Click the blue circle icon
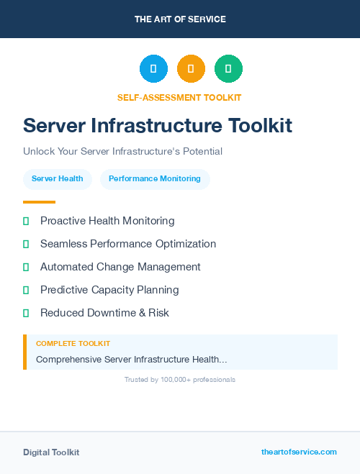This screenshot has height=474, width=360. [x=153, y=68]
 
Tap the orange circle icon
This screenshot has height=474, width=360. [x=191, y=68]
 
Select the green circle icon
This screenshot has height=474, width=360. [x=228, y=68]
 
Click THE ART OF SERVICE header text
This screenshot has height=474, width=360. [x=180, y=19]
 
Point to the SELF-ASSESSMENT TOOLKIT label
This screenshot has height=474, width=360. [x=179, y=97]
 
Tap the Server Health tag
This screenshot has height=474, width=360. [x=58, y=178]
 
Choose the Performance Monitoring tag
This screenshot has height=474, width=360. [x=155, y=178]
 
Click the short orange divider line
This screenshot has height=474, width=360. [x=39, y=202]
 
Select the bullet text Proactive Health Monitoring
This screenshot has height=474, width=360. [x=107, y=221]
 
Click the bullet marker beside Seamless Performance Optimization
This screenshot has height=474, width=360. [x=26, y=244]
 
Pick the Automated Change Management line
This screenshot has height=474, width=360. [x=120, y=267]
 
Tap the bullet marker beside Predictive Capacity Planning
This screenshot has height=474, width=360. [x=26, y=290]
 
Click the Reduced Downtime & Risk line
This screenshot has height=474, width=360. [x=104, y=313]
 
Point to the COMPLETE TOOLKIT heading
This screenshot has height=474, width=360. [x=73, y=344]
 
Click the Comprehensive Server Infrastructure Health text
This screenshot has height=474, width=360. [x=132, y=359]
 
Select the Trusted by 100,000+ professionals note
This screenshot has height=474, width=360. [x=180, y=379]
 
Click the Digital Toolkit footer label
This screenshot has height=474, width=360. [x=51, y=452]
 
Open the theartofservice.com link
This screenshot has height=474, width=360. [x=299, y=452]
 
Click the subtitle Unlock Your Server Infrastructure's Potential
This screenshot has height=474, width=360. [x=122, y=151]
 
